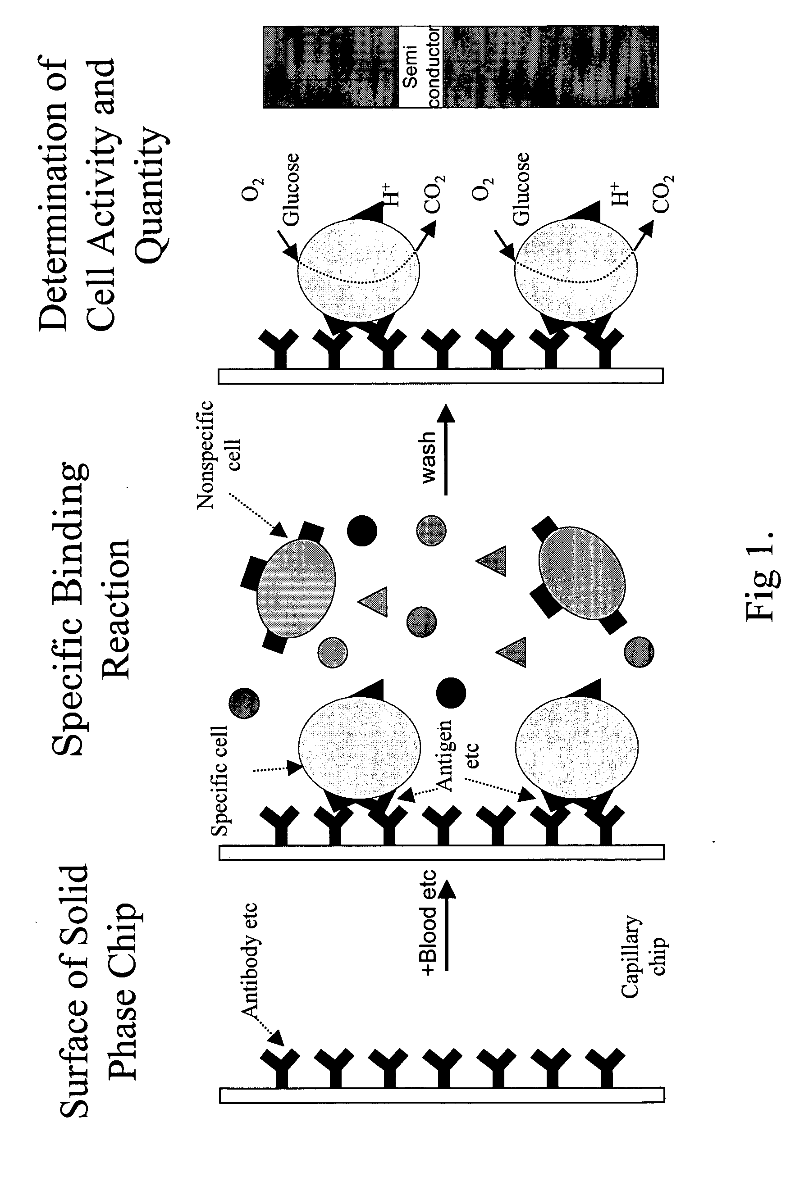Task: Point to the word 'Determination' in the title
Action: click(54, 195)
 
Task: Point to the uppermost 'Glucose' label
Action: click(291, 190)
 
